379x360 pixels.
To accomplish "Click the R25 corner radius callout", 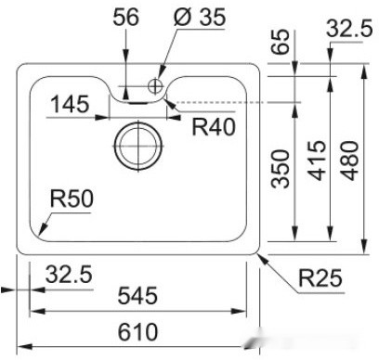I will pos(320,276).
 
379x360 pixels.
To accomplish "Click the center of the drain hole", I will pos(137,146).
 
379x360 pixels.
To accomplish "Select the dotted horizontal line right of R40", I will pos(232,101).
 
